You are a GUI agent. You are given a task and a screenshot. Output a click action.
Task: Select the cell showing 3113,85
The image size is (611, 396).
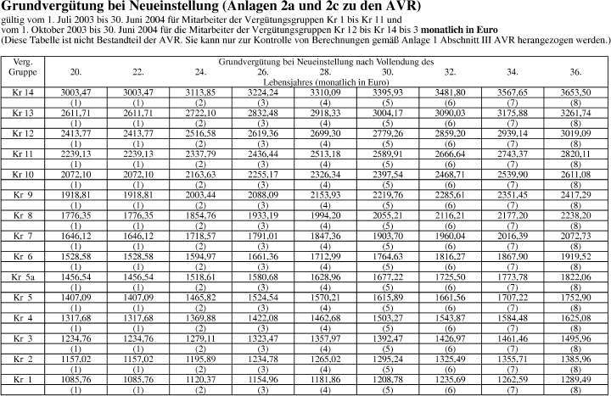coord(200,91)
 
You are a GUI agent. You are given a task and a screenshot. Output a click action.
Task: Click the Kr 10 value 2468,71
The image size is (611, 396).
coord(451,175)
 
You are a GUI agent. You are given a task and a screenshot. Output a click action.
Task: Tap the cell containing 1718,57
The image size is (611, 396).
coord(200,236)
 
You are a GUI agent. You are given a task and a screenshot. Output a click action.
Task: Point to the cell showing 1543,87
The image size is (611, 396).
coord(451,318)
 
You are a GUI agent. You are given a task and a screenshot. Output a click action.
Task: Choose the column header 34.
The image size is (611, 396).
coord(513,72)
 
